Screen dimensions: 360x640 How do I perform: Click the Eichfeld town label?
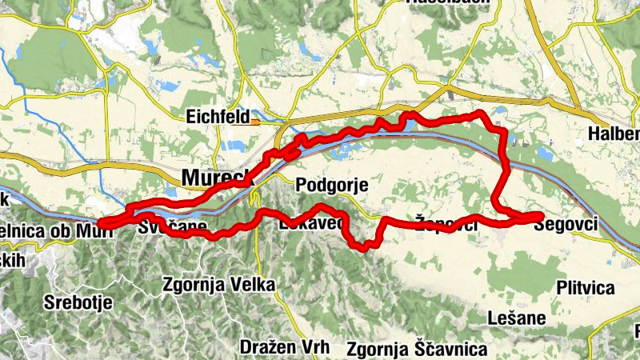218,117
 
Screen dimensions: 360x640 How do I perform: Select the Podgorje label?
331,186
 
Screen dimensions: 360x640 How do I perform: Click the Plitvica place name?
585,288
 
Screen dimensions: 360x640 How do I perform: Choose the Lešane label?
516,318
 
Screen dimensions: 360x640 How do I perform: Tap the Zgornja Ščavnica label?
417,350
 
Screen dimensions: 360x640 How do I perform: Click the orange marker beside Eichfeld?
255,122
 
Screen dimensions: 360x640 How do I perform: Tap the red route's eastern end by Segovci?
541,216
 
